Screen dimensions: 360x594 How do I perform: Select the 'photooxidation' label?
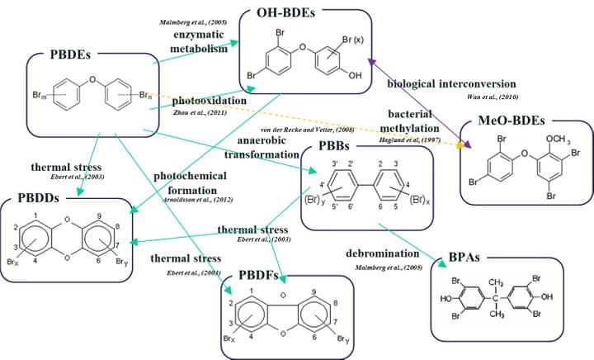[x=209, y=101]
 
